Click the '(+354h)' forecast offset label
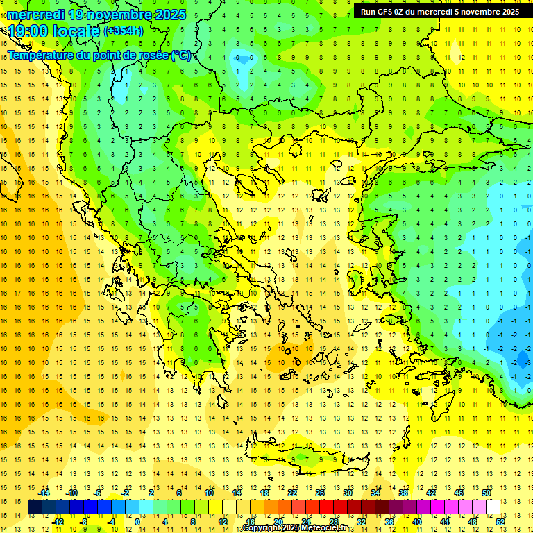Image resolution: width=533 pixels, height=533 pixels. pos(124,31)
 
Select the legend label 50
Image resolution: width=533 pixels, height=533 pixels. pos(487,493)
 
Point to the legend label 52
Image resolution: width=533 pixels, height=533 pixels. pos(500,522)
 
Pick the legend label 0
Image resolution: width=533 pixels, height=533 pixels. pos(137,522)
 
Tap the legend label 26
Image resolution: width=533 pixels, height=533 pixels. pos(320,493)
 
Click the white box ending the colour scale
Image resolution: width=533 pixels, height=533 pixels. pos(493,507)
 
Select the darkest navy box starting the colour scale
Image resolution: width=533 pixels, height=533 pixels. pos(35,507)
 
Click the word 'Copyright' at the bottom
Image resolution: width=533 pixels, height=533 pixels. pos(264,529)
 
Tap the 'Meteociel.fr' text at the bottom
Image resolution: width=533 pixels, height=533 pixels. pos(325,529)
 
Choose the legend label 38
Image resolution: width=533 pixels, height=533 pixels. pos(403,493)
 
